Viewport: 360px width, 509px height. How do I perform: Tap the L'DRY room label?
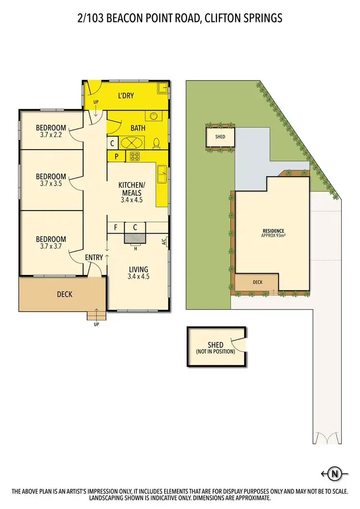point(126,95)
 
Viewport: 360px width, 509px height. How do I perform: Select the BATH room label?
point(138,128)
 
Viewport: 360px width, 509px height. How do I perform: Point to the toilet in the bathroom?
point(156,143)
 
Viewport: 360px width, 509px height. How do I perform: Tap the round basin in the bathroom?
point(154,116)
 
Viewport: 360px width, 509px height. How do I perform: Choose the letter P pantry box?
point(116,156)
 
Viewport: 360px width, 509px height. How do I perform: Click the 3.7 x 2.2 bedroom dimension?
point(52,135)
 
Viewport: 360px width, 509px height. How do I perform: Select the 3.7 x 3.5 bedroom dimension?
point(52,183)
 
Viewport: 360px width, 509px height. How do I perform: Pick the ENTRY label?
point(94,258)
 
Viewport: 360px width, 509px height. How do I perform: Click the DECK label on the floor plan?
point(65,294)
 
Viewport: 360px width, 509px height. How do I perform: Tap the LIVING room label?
point(138,269)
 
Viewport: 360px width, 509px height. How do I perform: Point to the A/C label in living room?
point(164,242)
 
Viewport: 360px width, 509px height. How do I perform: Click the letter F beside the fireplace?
point(116,227)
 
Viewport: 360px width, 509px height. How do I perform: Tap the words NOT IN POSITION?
point(216,352)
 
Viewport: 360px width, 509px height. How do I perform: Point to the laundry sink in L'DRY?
point(163,87)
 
